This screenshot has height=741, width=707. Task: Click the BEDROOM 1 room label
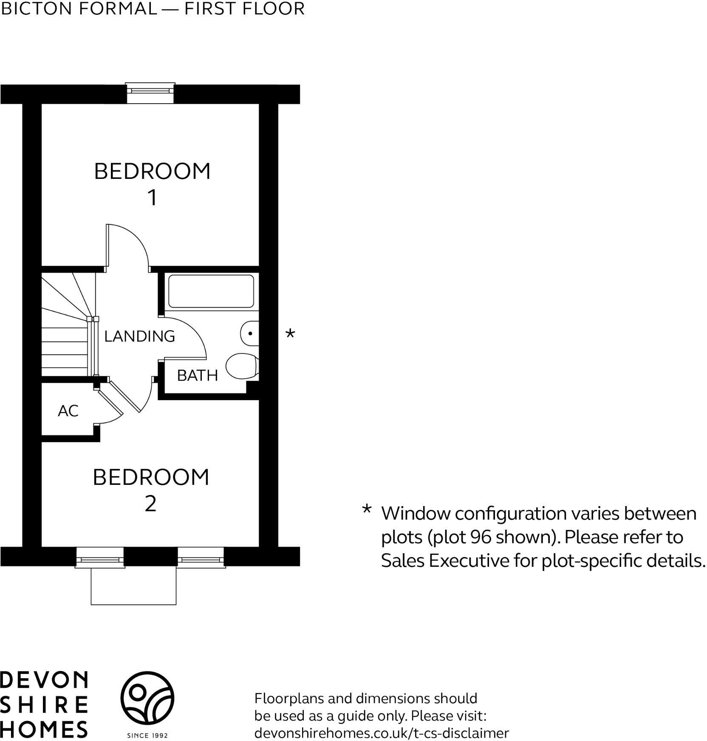152,184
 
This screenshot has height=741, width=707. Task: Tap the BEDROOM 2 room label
151,490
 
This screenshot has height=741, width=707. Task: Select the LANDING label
139,336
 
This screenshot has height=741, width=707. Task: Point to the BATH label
197,375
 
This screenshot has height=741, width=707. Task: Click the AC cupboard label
68,411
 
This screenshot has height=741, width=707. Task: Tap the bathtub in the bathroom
211,291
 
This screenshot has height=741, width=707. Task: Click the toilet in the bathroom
242,366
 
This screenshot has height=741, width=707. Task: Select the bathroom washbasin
250,334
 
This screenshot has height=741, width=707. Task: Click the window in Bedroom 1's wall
151,91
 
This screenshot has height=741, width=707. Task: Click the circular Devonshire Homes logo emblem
147,698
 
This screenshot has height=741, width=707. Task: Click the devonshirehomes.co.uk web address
381,733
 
